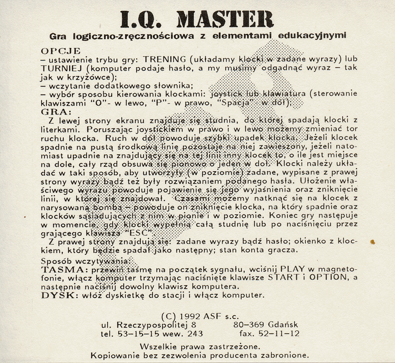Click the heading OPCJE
[60, 51]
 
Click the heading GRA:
[56, 112]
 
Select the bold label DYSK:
[58, 296]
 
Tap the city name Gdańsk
[284, 325]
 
